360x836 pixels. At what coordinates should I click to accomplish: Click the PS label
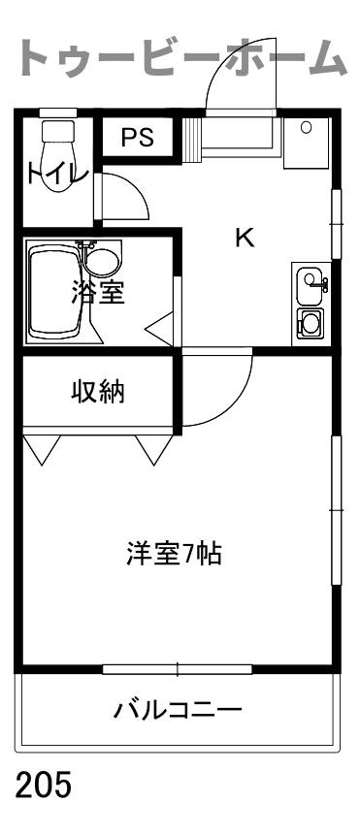coord(137,138)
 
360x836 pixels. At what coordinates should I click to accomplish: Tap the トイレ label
coord(57,174)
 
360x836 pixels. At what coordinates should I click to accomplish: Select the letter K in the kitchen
coord(245,238)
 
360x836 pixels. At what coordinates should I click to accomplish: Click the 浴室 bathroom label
coord(98,292)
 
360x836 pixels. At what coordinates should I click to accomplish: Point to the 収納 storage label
coord(98,392)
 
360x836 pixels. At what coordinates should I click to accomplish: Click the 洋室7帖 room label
coord(174,554)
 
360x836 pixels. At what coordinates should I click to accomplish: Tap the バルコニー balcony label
coord(179,710)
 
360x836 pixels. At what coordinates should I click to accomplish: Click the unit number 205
coord(44,785)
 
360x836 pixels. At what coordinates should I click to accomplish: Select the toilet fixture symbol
coord(58,153)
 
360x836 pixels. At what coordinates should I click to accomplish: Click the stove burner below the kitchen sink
coord(310,322)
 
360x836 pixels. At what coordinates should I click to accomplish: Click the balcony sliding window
coord(177,668)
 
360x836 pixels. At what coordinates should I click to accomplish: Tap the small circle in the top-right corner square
coord(306,127)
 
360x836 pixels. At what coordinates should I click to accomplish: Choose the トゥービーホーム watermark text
coord(181,57)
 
